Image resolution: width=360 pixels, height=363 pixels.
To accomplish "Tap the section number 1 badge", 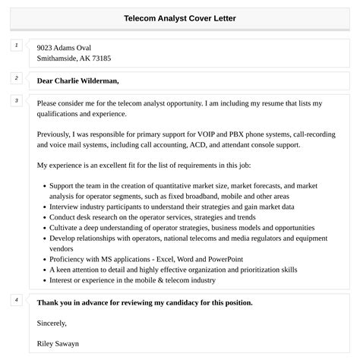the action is point(16,46).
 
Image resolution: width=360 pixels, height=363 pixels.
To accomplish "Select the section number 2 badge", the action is point(16,77).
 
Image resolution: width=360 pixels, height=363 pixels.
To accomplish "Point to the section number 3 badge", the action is point(16,100).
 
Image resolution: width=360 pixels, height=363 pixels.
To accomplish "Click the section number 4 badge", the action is point(16,300).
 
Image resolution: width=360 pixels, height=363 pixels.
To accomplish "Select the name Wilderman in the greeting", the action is point(95,80).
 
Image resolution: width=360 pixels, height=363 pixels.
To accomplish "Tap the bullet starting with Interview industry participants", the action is point(172,207).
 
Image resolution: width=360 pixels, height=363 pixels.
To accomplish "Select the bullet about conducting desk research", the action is point(152,217).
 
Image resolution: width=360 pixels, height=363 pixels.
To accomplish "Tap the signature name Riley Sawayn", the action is point(58,343).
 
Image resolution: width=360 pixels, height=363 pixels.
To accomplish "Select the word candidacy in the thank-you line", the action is point(184,302).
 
